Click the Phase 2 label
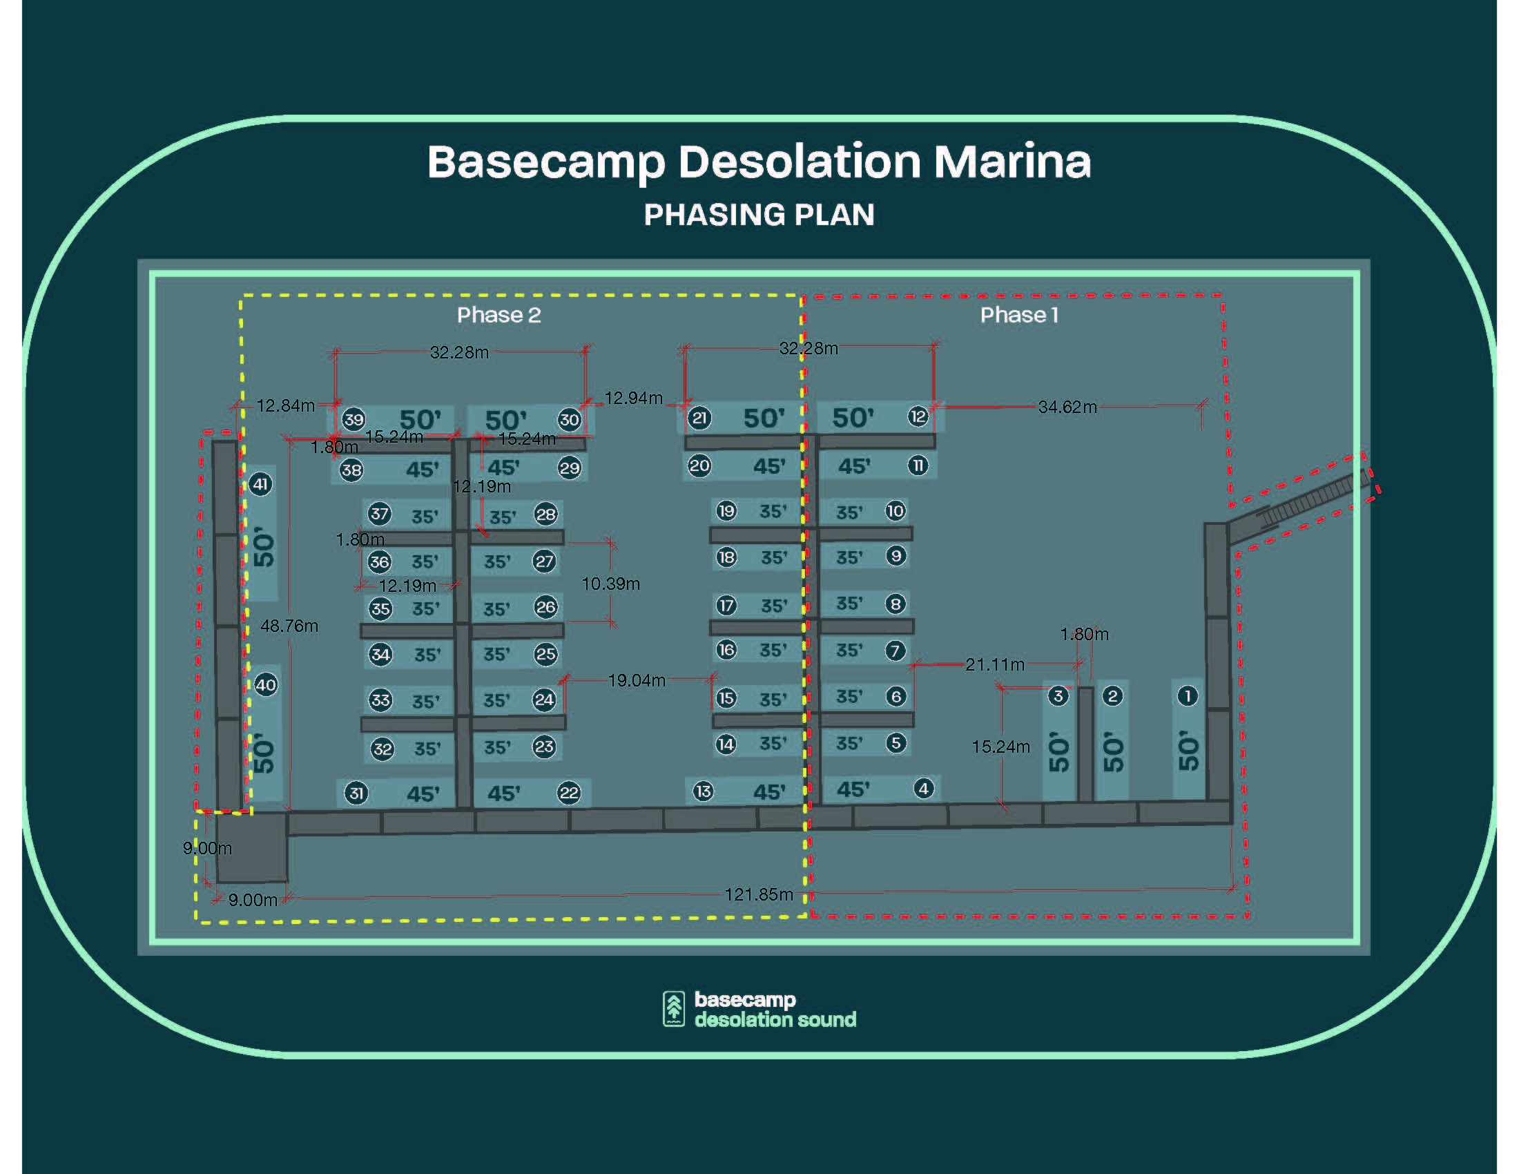pyautogui.click(x=499, y=315)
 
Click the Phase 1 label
pyautogui.click(x=1019, y=315)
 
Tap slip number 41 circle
pyautogui.click(x=260, y=484)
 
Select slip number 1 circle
pyautogui.click(x=1188, y=695)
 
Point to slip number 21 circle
pyautogui.click(x=699, y=418)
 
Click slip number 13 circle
pyautogui.click(x=703, y=791)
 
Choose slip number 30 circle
pyautogui.click(x=569, y=419)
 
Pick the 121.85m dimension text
pyautogui.click(x=759, y=894)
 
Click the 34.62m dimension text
pyautogui.click(x=1067, y=407)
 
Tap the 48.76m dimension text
pyautogui.click(x=289, y=626)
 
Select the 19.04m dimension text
pyautogui.click(x=637, y=680)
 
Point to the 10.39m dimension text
pyautogui.click(x=610, y=584)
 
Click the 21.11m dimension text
pyautogui.click(x=994, y=665)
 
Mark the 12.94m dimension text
pyautogui.click(x=633, y=398)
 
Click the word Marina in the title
pyautogui.click(x=1012, y=162)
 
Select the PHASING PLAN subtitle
pyautogui.click(x=759, y=214)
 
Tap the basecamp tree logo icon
pyautogui.click(x=673, y=1008)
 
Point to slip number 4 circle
pyautogui.click(x=923, y=789)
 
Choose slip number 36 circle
pyautogui.click(x=379, y=561)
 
